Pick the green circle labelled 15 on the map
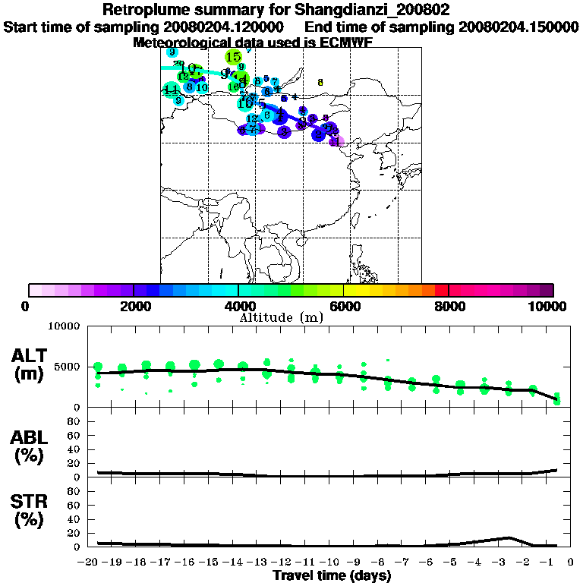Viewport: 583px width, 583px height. click(x=234, y=57)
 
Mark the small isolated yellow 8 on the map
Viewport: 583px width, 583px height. click(x=320, y=82)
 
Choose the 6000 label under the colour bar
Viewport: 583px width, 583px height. click(x=344, y=306)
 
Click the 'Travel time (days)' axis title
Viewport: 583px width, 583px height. click(x=332, y=576)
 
